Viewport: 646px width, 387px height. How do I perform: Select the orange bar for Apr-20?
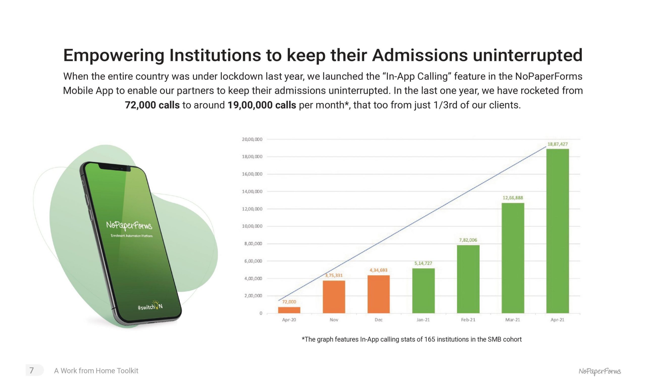click(289, 310)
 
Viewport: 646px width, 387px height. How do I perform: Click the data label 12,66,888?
click(513, 198)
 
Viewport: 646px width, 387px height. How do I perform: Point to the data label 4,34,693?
click(378, 270)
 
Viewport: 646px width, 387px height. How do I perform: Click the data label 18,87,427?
click(557, 144)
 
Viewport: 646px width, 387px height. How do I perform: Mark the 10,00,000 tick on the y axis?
click(252, 226)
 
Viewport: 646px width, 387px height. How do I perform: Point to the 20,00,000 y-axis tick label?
click(252, 139)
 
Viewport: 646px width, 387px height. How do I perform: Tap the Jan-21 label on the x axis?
click(423, 320)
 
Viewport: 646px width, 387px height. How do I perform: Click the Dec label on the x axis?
click(378, 320)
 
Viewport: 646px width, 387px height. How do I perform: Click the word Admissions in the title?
click(420, 55)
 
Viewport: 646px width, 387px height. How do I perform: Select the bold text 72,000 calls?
click(152, 105)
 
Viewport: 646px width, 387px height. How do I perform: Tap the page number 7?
click(32, 370)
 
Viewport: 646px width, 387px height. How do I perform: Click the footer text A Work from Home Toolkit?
click(96, 371)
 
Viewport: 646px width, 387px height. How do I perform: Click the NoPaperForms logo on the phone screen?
click(129, 225)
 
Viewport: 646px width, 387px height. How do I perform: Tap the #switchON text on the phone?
click(150, 307)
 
